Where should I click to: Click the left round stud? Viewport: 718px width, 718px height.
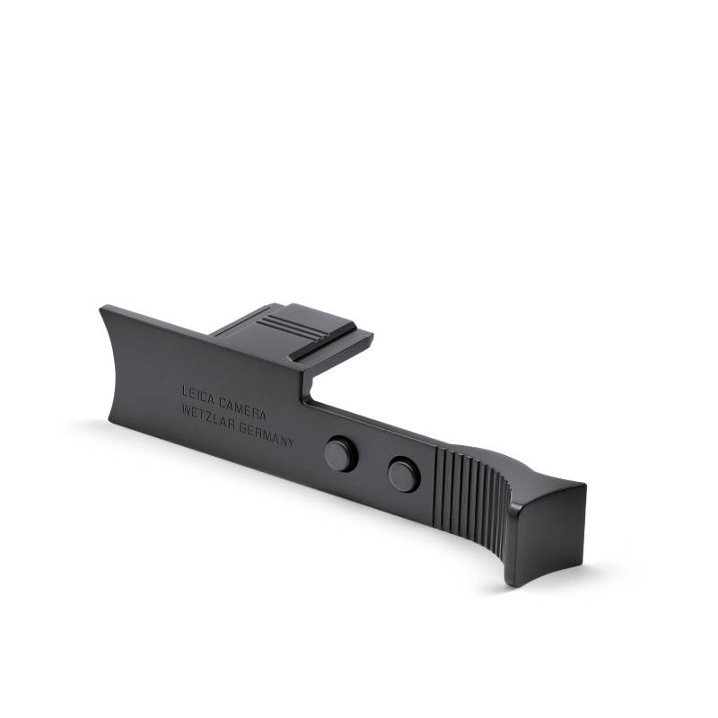click(341, 452)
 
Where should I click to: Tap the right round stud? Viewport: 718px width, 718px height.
click(405, 474)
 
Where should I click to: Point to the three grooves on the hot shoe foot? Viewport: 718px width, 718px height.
click(284, 324)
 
